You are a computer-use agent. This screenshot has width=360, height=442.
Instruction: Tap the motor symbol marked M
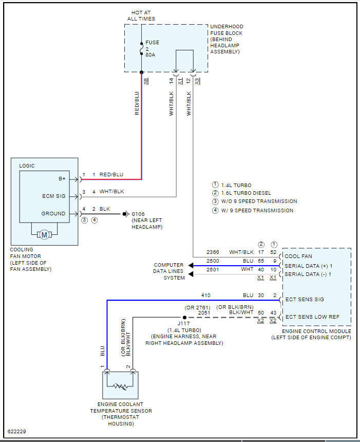[44, 235]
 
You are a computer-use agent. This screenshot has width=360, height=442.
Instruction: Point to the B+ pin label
[62, 179]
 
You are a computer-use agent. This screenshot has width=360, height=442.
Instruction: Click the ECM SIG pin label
[54, 196]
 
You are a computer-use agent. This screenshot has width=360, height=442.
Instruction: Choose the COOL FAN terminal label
[298, 256]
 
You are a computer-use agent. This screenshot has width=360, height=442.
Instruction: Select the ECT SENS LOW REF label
[312, 317]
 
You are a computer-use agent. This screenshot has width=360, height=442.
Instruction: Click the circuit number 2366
[213, 252]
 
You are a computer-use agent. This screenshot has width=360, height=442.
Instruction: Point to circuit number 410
[205, 296]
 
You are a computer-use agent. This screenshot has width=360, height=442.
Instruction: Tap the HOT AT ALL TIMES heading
[141, 16]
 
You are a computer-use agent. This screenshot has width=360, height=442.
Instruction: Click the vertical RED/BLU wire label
[137, 103]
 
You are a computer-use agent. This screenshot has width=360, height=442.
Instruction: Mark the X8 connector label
[146, 81]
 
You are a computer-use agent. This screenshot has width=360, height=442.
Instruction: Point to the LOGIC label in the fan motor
[28, 166]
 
